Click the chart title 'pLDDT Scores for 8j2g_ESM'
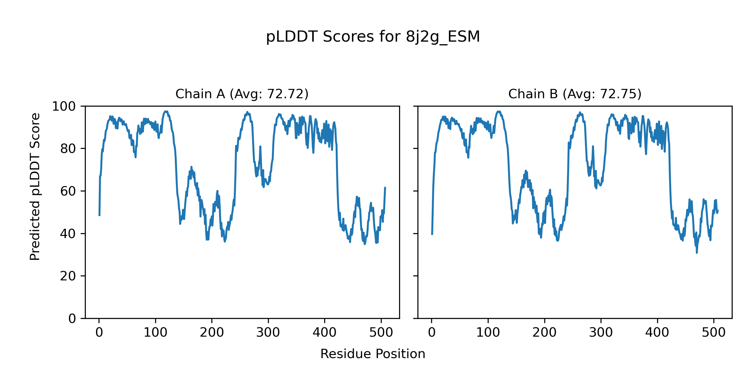tap(373, 37)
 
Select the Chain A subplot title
tap(242, 94)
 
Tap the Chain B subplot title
tap(575, 94)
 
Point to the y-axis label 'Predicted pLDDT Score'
tap(35, 186)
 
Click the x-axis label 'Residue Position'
tap(373, 354)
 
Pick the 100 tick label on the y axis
tap(64, 107)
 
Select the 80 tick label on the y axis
tap(68, 149)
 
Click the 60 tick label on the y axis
tap(68, 191)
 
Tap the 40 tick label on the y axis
tap(68, 234)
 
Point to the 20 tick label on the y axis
tap(68, 276)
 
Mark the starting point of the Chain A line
tap(99, 215)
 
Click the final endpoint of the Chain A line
tap(385, 187)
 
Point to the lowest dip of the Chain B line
tap(697, 253)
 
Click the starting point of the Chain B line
tap(432, 234)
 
